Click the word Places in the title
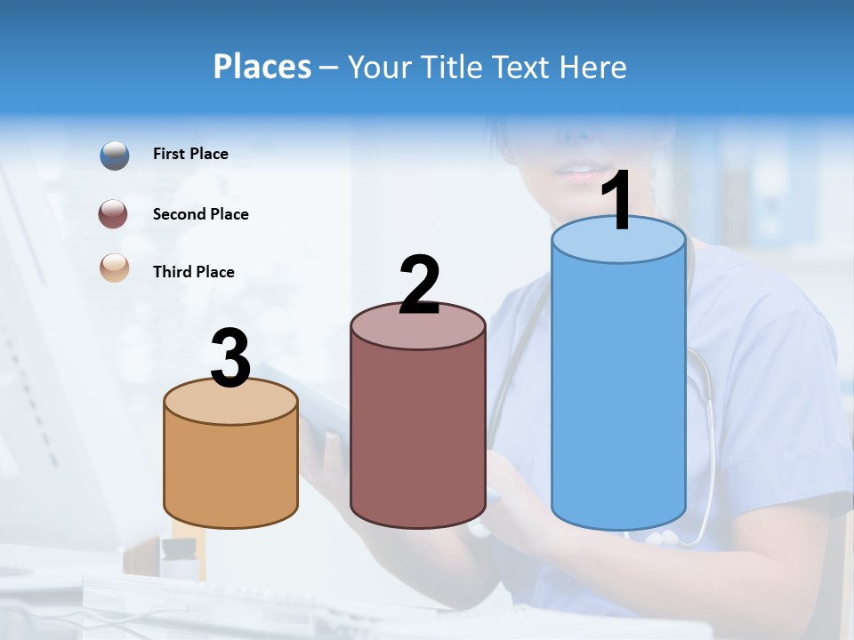(262, 67)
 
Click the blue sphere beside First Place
(115, 156)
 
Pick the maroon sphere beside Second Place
(115, 214)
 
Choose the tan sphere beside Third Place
(115, 268)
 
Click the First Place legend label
(190, 154)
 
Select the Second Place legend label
(200, 214)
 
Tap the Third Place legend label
(193, 272)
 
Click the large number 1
(618, 202)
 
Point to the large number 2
(420, 285)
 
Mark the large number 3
(230, 359)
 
